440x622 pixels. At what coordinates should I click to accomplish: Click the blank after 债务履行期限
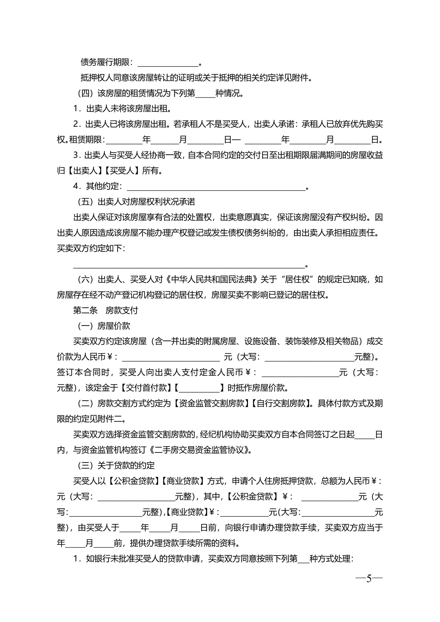pos(168,63)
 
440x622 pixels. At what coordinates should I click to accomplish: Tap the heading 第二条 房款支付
pos(106,310)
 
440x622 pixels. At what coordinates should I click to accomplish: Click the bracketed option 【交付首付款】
pos(146,388)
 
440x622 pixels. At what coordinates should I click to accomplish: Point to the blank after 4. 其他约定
pos(216,187)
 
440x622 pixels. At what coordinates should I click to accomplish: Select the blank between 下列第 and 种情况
pos(205,94)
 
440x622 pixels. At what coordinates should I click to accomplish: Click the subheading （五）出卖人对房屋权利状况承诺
pos(136,202)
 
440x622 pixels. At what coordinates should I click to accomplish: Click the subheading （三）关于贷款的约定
pos(116,465)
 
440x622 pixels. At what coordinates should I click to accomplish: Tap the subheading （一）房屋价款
pos(104,326)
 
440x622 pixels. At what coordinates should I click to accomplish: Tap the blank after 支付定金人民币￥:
pos(300,373)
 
